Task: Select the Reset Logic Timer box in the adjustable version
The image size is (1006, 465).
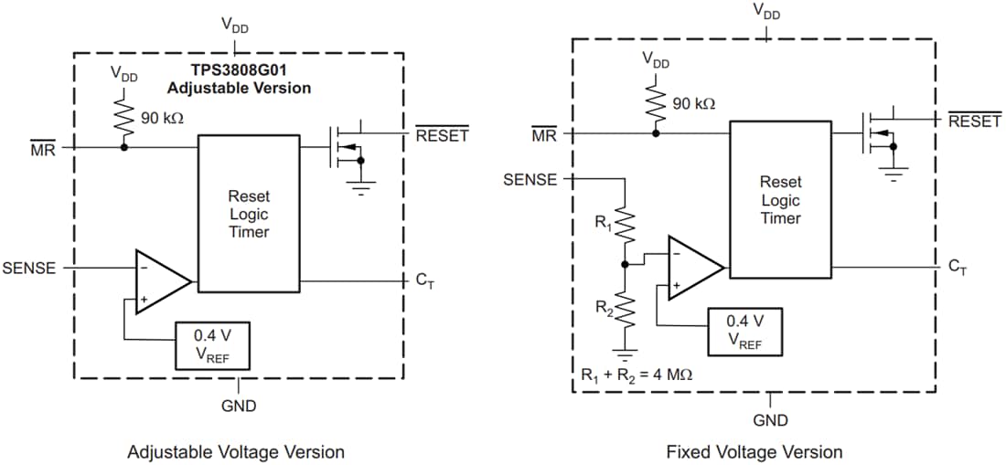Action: coord(249,213)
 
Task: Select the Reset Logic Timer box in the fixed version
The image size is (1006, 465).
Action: coord(780,199)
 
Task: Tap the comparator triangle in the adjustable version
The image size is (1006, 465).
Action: coord(161,280)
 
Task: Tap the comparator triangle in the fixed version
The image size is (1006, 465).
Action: coord(692,267)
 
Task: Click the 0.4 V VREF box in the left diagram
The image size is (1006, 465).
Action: coord(212,343)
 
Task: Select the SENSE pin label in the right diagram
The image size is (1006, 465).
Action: coord(530,179)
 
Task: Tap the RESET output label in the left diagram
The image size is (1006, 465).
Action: coord(442,135)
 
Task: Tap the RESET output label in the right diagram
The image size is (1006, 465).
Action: coord(974,121)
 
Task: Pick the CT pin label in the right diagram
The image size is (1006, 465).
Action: coord(957,267)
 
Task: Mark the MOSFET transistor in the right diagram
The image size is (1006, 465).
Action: coord(877,133)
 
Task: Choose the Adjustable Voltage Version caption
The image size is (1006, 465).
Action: coord(236,451)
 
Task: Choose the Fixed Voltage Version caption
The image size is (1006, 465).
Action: coord(754,451)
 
